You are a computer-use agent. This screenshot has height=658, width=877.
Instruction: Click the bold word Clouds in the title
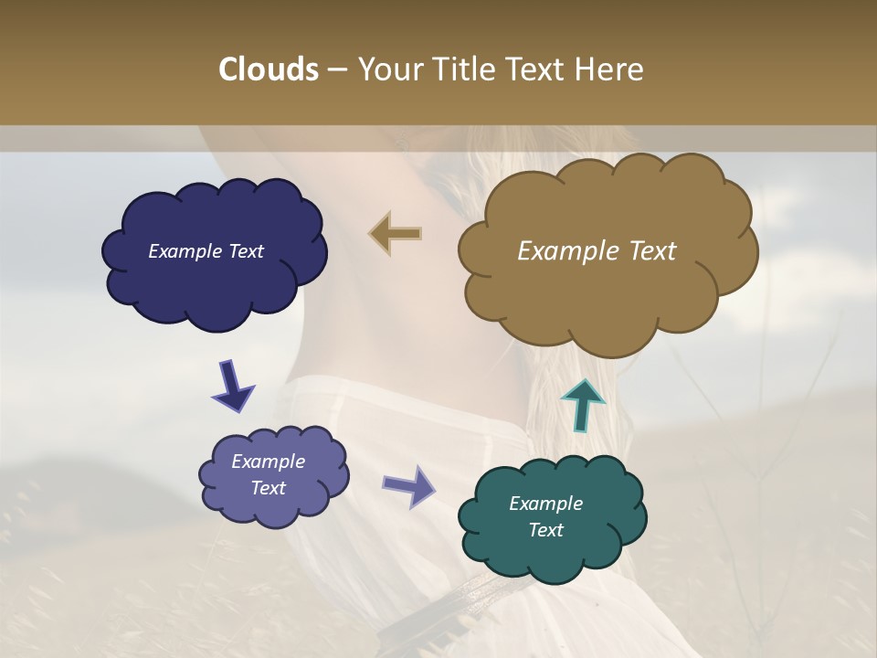point(268,69)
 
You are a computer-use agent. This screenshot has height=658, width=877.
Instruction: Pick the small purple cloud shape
point(274,512)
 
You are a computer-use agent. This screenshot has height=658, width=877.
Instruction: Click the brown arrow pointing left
point(395,234)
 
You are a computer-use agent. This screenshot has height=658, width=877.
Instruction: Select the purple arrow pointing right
point(408,485)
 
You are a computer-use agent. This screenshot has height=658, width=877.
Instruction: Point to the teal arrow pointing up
point(583,403)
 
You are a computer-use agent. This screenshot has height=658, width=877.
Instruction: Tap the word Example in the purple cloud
point(268,462)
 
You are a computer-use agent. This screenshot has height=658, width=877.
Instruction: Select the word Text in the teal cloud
point(545,530)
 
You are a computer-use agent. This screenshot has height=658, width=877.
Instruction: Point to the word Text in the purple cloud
point(268,488)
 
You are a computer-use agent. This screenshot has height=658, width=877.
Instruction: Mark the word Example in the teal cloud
point(545,504)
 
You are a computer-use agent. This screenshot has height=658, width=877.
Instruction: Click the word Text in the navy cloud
point(245,251)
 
